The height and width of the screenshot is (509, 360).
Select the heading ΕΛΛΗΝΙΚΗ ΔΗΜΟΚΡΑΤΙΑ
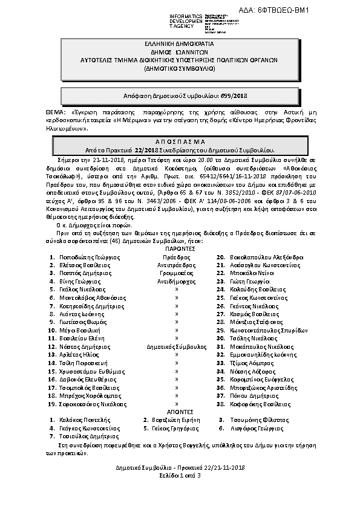pos(179,45)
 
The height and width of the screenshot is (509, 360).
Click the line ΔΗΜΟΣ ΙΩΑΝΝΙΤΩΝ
pos(179,53)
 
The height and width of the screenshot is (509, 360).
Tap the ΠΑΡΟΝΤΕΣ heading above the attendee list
pos(179,248)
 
